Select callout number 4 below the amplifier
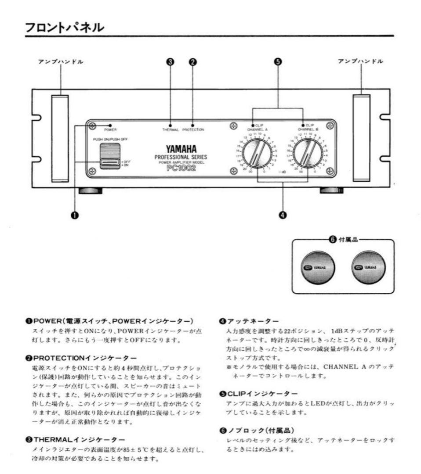[x=283, y=215]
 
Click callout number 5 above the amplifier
[x=278, y=62]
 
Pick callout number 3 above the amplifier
[x=171, y=62]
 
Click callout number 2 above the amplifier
[x=192, y=62]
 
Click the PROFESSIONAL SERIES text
[x=181, y=157]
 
